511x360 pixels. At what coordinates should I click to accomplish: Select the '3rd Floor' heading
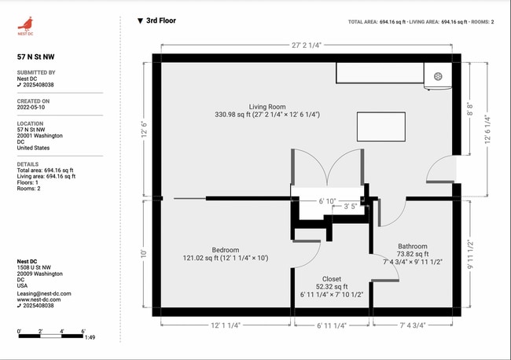[160, 21]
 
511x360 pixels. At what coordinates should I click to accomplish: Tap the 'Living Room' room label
[267, 106]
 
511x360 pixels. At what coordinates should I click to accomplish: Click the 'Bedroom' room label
[204, 249]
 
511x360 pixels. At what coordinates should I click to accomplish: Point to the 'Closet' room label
[332, 278]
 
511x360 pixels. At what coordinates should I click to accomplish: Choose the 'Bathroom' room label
[412, 245]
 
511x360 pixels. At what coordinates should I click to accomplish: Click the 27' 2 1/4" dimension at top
[307, 46]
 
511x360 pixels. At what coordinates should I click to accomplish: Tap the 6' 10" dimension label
[329, 201]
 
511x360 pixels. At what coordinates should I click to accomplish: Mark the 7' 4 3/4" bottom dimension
[414, 325]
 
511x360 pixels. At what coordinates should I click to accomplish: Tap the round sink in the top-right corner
[437, 76]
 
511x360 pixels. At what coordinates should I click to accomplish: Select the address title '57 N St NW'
[36, 57]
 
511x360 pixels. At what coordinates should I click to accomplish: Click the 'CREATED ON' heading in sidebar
[34, 101]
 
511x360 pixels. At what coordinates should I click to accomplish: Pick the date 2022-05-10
[32, 107]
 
